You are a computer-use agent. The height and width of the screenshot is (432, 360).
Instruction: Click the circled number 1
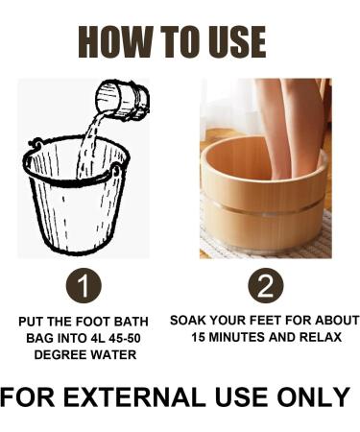pos(85,287)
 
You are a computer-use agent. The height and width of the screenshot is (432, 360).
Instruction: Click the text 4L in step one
pos(87,338)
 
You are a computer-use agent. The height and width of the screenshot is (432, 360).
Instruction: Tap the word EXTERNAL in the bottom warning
pos(136,396)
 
